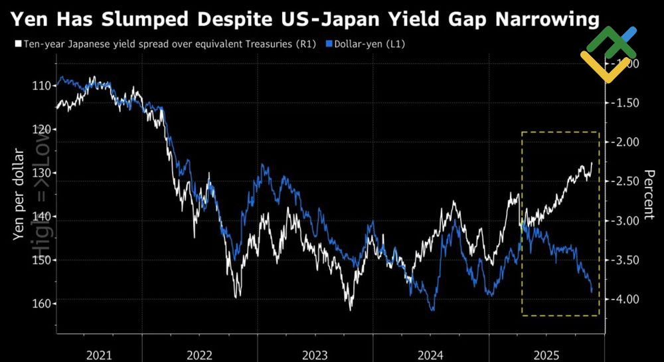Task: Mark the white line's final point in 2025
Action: coord(592,163)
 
